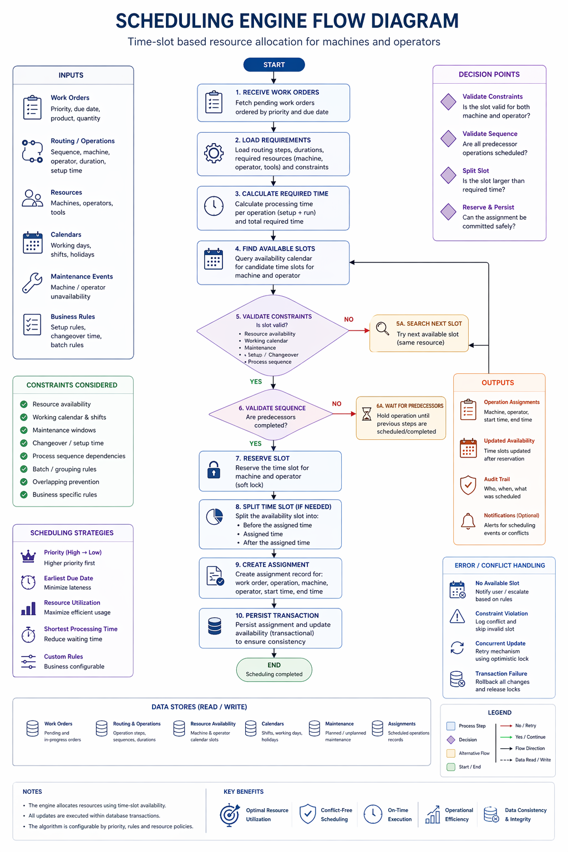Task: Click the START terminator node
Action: (274, 65)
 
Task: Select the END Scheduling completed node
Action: (274, 670)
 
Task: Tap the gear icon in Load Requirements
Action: (214, 153)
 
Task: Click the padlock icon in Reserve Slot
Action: (214, 470)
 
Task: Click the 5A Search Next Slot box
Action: (419, 333)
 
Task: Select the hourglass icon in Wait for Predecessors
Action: (367, 414)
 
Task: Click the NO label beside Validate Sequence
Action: (337, 404)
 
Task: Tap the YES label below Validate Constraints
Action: (256, 382)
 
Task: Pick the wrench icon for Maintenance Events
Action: (32, 283)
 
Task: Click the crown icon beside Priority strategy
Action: (28, 556)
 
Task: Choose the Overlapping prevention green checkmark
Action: (24, 482)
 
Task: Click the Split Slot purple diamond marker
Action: (448, 175)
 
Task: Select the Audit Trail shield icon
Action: (468, 485)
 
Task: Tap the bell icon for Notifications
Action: (468, 521)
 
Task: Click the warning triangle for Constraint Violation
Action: (457, 617)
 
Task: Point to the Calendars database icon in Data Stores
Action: (251, 728)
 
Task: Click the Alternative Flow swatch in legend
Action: (451, 753)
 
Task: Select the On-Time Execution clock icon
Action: (373, 814)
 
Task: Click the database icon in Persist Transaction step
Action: (214, 626)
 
